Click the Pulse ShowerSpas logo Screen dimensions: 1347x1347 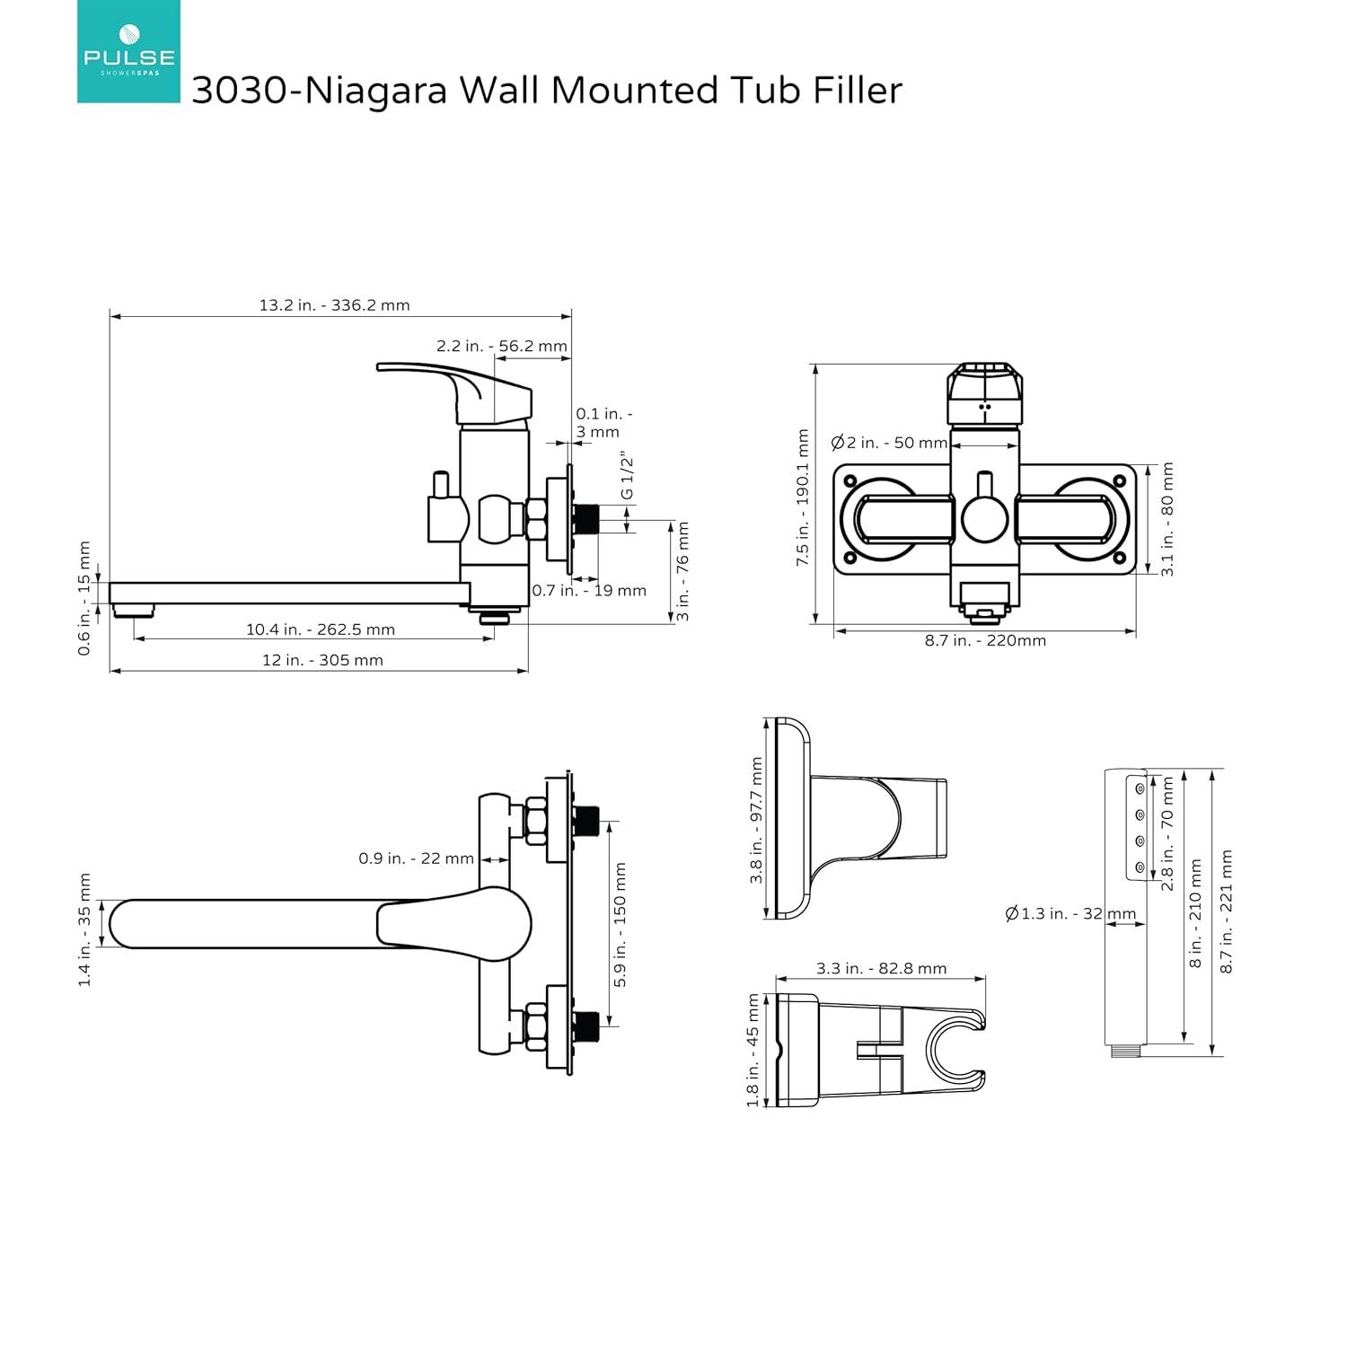(x=128, y=51)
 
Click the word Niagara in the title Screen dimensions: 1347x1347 (x=375, y=91)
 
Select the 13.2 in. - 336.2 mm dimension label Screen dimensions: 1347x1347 (x=334, y=305)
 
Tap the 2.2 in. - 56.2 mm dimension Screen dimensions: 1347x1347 (x=502, y=346)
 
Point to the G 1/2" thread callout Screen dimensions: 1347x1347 (x=627, y=477)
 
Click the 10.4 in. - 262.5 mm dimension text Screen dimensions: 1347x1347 (x=321, y=629)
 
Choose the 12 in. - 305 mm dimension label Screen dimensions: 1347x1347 (x=322, y=660)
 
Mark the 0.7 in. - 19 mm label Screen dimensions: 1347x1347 (x=589, y=591)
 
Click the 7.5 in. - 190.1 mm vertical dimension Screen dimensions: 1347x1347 (x=803, y=497)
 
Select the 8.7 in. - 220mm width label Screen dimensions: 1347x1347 (x=985, y=640)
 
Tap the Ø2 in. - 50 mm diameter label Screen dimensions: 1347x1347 (x=889, y=443)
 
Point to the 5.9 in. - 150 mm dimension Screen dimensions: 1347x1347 (x=621, y=925)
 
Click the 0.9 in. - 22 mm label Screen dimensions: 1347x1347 (x=416, y=858)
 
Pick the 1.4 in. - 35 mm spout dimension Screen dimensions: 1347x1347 (x=85, y=929)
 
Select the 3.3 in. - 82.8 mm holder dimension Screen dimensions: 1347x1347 (x=881, y=968)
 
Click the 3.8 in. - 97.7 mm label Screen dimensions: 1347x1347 (x=756, y=820)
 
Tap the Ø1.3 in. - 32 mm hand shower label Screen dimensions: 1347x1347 (x=1070, y=914)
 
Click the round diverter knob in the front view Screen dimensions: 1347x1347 (x=985, y=518)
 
